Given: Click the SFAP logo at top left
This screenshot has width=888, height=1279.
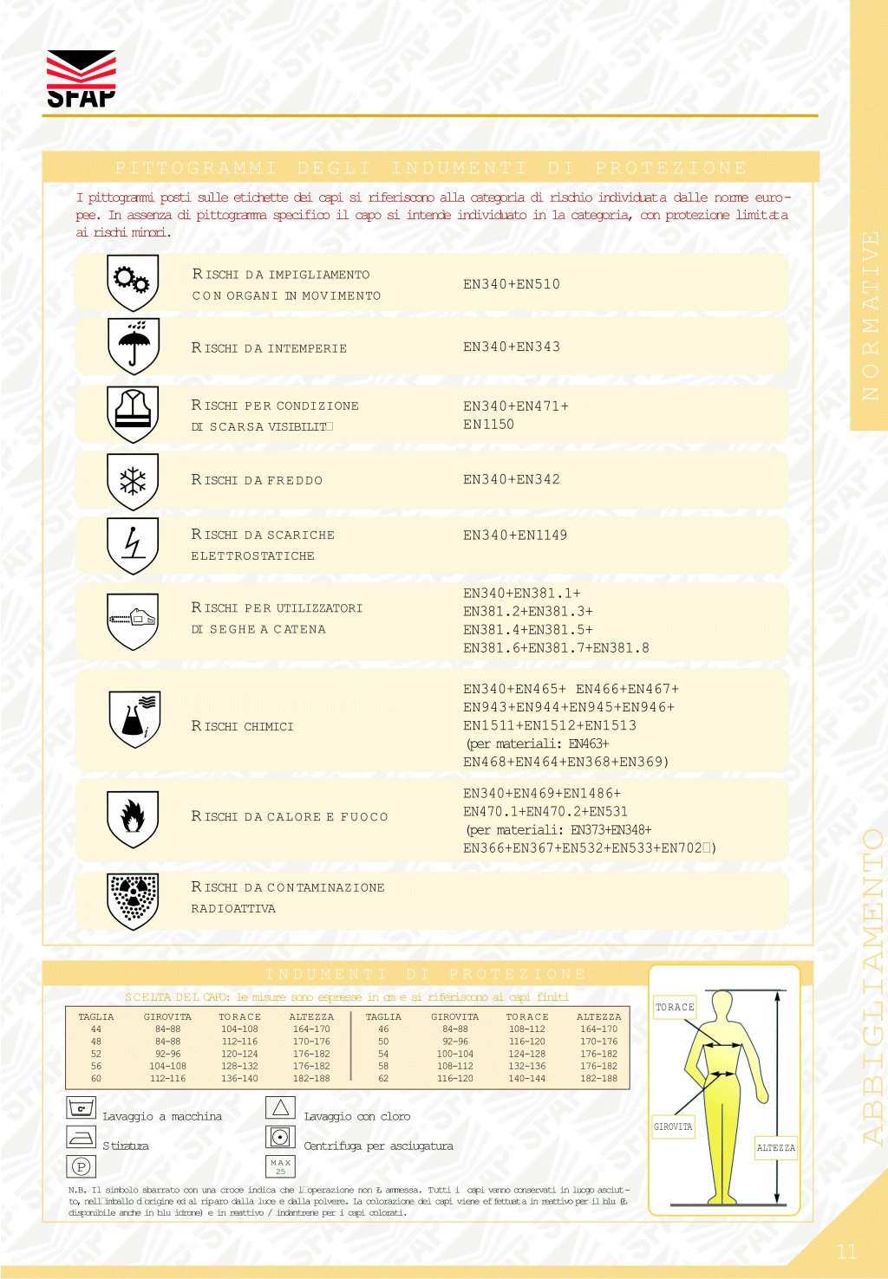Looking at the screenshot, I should (81, 79).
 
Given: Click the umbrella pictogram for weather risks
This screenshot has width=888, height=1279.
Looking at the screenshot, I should (133, 346).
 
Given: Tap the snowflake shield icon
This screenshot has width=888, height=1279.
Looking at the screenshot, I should (133, 481).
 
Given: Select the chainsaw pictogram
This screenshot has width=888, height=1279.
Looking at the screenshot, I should (133, 620).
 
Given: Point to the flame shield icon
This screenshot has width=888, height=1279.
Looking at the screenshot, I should (133, 817).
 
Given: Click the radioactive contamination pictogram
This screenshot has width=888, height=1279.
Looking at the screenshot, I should (133, 899).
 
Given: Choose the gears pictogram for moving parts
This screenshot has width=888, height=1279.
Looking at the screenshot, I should (133, 282).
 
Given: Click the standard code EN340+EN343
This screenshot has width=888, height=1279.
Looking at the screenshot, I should (512, 347).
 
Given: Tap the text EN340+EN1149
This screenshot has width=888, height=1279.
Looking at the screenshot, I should (515, 536).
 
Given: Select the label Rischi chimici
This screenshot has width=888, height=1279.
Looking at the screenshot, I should (243, 726).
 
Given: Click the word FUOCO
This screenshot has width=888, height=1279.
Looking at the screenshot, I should (364, 817).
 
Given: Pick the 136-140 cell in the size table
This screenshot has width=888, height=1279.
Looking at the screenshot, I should (239, 1079).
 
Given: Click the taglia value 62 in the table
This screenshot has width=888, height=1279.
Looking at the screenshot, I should (383, 1079).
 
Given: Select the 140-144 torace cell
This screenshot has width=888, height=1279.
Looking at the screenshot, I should (527, 1079).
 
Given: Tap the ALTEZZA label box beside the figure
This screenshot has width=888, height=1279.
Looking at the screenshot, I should (776, 1148).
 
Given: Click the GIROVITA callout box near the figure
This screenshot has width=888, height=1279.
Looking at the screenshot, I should (673, 1126).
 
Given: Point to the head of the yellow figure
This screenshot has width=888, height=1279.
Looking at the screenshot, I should (722, 1005).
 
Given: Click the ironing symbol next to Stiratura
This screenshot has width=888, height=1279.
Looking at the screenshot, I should (82, 1138).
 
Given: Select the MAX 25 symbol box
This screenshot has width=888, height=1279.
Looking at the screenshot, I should (280, 1166).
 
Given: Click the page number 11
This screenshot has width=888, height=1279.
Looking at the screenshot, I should (847, 1251).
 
